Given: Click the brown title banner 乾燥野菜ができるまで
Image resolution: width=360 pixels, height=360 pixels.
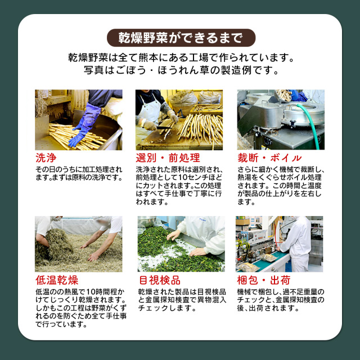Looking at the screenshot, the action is pyautogui.click(x=181, y=38).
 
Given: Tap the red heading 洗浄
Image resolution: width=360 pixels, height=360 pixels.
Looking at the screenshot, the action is pyautogui.click(x=46, y=158).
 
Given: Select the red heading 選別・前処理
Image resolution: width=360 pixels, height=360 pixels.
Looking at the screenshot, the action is pyautogui.click(x=168, y=158).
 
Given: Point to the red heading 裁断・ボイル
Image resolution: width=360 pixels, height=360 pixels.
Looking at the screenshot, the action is pyautogui.click(x=269, y=158).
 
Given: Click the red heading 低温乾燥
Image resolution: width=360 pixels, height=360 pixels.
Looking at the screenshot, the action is pyautogui.click(x=57, y=280).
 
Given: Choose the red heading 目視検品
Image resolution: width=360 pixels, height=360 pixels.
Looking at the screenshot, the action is pyautogui.click(x=160, y=280).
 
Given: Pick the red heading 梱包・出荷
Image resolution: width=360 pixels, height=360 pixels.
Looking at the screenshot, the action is pyautogui.click(x=264, y=280).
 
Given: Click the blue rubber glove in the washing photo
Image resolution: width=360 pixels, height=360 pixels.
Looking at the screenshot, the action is pyautogui.click(x=85, y=124).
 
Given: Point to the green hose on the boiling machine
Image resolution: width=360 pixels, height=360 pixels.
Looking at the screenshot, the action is pyautogui.click(x=310, y=124).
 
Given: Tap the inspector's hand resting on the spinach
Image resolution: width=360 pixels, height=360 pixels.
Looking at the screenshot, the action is pyautogui.click(x=197, y=252).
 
